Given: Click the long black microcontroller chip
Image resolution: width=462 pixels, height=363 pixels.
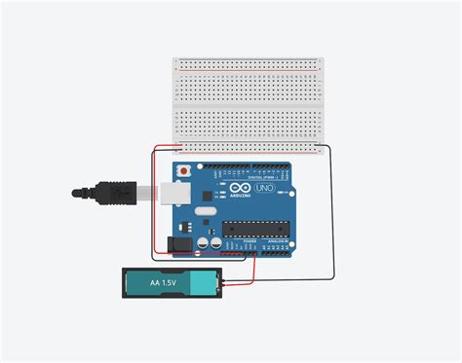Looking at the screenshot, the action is pyautogui.click(x=255, y=230).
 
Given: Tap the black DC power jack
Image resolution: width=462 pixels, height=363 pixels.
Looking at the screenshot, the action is pyautogui.click(x=180, y=244).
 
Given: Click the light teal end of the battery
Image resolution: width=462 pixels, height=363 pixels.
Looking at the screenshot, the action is pyautogui.click(x=202, y=284).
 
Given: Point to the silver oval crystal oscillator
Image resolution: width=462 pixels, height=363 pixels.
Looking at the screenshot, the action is pyautogui.click(x=204, y=210).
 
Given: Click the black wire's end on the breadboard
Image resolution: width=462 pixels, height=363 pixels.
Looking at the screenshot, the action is pyautogui.click(x=323, y=147).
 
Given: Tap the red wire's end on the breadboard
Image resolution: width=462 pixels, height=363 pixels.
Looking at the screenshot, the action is pyautogui.click(x=177, y=149).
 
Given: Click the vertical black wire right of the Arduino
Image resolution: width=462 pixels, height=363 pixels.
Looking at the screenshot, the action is pyautogui.click(x=329, y=214).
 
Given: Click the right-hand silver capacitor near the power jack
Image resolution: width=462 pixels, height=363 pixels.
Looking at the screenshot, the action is pyautogui.click(x=212, y=243).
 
